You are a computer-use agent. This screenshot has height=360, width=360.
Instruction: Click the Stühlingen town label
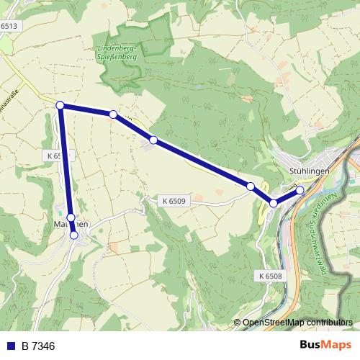[x=308, y=171]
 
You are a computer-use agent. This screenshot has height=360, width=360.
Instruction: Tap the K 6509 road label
[x=174, y=201]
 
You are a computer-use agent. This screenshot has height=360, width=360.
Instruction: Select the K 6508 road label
[x=268, y=275]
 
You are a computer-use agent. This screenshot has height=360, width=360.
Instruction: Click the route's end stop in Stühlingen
[x=300, y=190]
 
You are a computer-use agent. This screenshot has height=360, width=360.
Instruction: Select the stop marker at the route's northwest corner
[x=60, y=105]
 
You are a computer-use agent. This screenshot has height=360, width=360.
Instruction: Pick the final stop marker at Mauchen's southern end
[x=73, y=235]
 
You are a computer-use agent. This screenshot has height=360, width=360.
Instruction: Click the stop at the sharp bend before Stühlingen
[x=274, y=204]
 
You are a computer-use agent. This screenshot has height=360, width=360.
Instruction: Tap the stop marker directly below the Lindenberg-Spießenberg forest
[x=113, y=114]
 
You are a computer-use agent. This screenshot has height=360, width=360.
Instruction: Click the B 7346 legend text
[x=37, y=346]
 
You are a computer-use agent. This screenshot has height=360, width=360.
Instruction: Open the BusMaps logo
[x=325, y=346]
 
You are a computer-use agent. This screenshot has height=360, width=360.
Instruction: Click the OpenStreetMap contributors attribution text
[x=297, y=323]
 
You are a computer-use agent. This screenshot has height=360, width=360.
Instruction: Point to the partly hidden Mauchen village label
[x=70, y=225]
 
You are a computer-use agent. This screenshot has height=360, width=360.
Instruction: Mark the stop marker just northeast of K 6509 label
[x=251, y=186]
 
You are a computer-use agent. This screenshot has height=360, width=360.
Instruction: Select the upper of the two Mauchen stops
[x=71, y=217]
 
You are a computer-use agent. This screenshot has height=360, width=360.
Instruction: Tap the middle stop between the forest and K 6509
[x=153, y=140]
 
